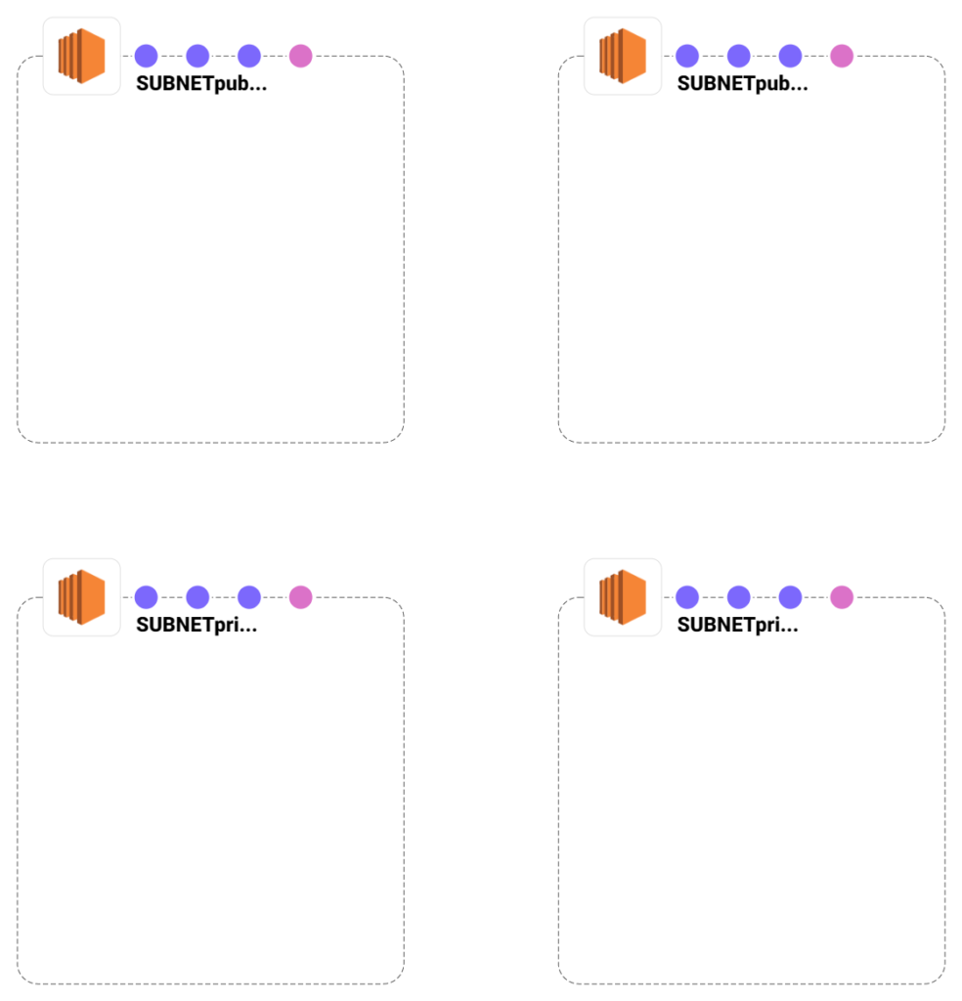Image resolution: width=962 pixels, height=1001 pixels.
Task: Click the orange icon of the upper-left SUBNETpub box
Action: click(81, 56)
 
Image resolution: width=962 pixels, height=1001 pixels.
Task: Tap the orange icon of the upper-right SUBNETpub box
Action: click(623, 56)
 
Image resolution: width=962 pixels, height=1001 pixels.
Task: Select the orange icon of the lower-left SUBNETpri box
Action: click(81, 596)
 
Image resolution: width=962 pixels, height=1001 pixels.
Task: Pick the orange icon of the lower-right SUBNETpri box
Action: click(623, 596)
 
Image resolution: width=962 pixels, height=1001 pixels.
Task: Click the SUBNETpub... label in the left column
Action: click(200, 83)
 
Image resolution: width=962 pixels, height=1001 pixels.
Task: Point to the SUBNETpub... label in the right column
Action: click(742, 83)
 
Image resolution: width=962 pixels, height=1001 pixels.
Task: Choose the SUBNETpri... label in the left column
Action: click(197, 625)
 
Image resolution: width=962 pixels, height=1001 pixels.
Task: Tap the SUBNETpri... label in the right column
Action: click(737, 625)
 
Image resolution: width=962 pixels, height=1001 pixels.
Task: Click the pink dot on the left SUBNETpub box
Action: click(300, 56)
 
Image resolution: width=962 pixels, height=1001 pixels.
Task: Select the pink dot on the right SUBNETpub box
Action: click(842, 56)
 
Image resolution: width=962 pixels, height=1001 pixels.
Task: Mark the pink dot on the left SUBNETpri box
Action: click(300, 596)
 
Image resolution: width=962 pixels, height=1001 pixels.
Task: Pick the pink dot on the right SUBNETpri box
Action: click(842, 596)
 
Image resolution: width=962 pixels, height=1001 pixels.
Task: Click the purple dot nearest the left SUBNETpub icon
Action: click(146, 56)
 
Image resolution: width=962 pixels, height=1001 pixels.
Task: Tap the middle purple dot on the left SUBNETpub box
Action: click(197, 56)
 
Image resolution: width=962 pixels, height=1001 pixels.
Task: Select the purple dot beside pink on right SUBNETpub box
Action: click(790, 56)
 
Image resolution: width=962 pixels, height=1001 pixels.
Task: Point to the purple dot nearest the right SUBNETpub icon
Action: click(687, 56)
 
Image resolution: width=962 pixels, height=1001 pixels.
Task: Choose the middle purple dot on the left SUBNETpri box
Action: click(197, 596)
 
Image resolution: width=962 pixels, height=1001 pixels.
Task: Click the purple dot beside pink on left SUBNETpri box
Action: click(249, 596)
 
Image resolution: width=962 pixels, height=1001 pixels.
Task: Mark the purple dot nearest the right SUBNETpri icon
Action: click(687, 596)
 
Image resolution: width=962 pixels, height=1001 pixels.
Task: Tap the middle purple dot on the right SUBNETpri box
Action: click(739, 596)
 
